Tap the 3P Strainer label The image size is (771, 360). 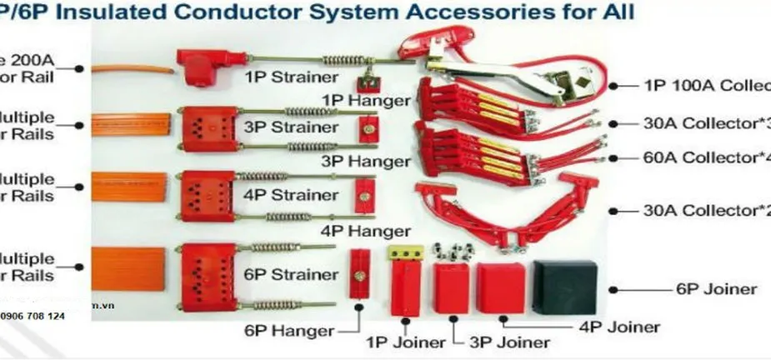pyautogui.click(x=280, y=127)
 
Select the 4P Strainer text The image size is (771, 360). pyautogui.click(x=280, y=195)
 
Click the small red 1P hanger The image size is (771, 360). pyautogui.click(x=365, y=83)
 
